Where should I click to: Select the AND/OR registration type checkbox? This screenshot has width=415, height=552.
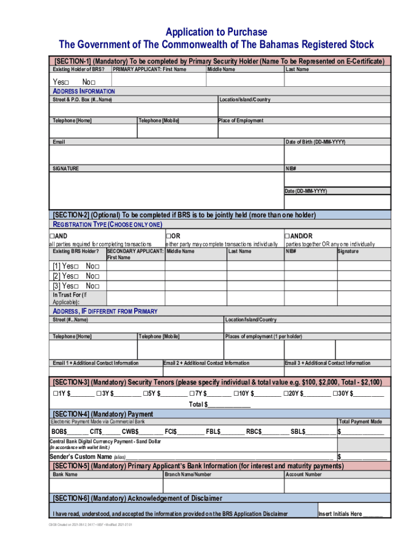coord(288,236)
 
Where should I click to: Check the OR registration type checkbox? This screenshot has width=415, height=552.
coord(169,236)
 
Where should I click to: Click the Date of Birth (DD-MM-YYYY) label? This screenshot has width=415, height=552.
coord(315,142)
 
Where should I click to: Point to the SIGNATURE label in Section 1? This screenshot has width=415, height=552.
coord(65,169)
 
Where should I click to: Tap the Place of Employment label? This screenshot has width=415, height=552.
coord(240,121)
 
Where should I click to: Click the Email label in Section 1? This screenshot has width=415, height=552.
coord(59,142)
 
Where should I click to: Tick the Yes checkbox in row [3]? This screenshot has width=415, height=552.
coord(77,286)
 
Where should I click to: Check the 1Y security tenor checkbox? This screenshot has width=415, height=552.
coord(56,394)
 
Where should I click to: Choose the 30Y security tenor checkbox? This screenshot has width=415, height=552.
coord(335,394)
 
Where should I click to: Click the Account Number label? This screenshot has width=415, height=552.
coord(303,475)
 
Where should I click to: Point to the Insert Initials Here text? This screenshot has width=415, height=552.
coord(340,514)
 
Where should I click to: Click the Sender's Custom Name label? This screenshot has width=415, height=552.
coord(81,457)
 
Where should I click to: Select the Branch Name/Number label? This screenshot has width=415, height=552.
coord(188,475)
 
